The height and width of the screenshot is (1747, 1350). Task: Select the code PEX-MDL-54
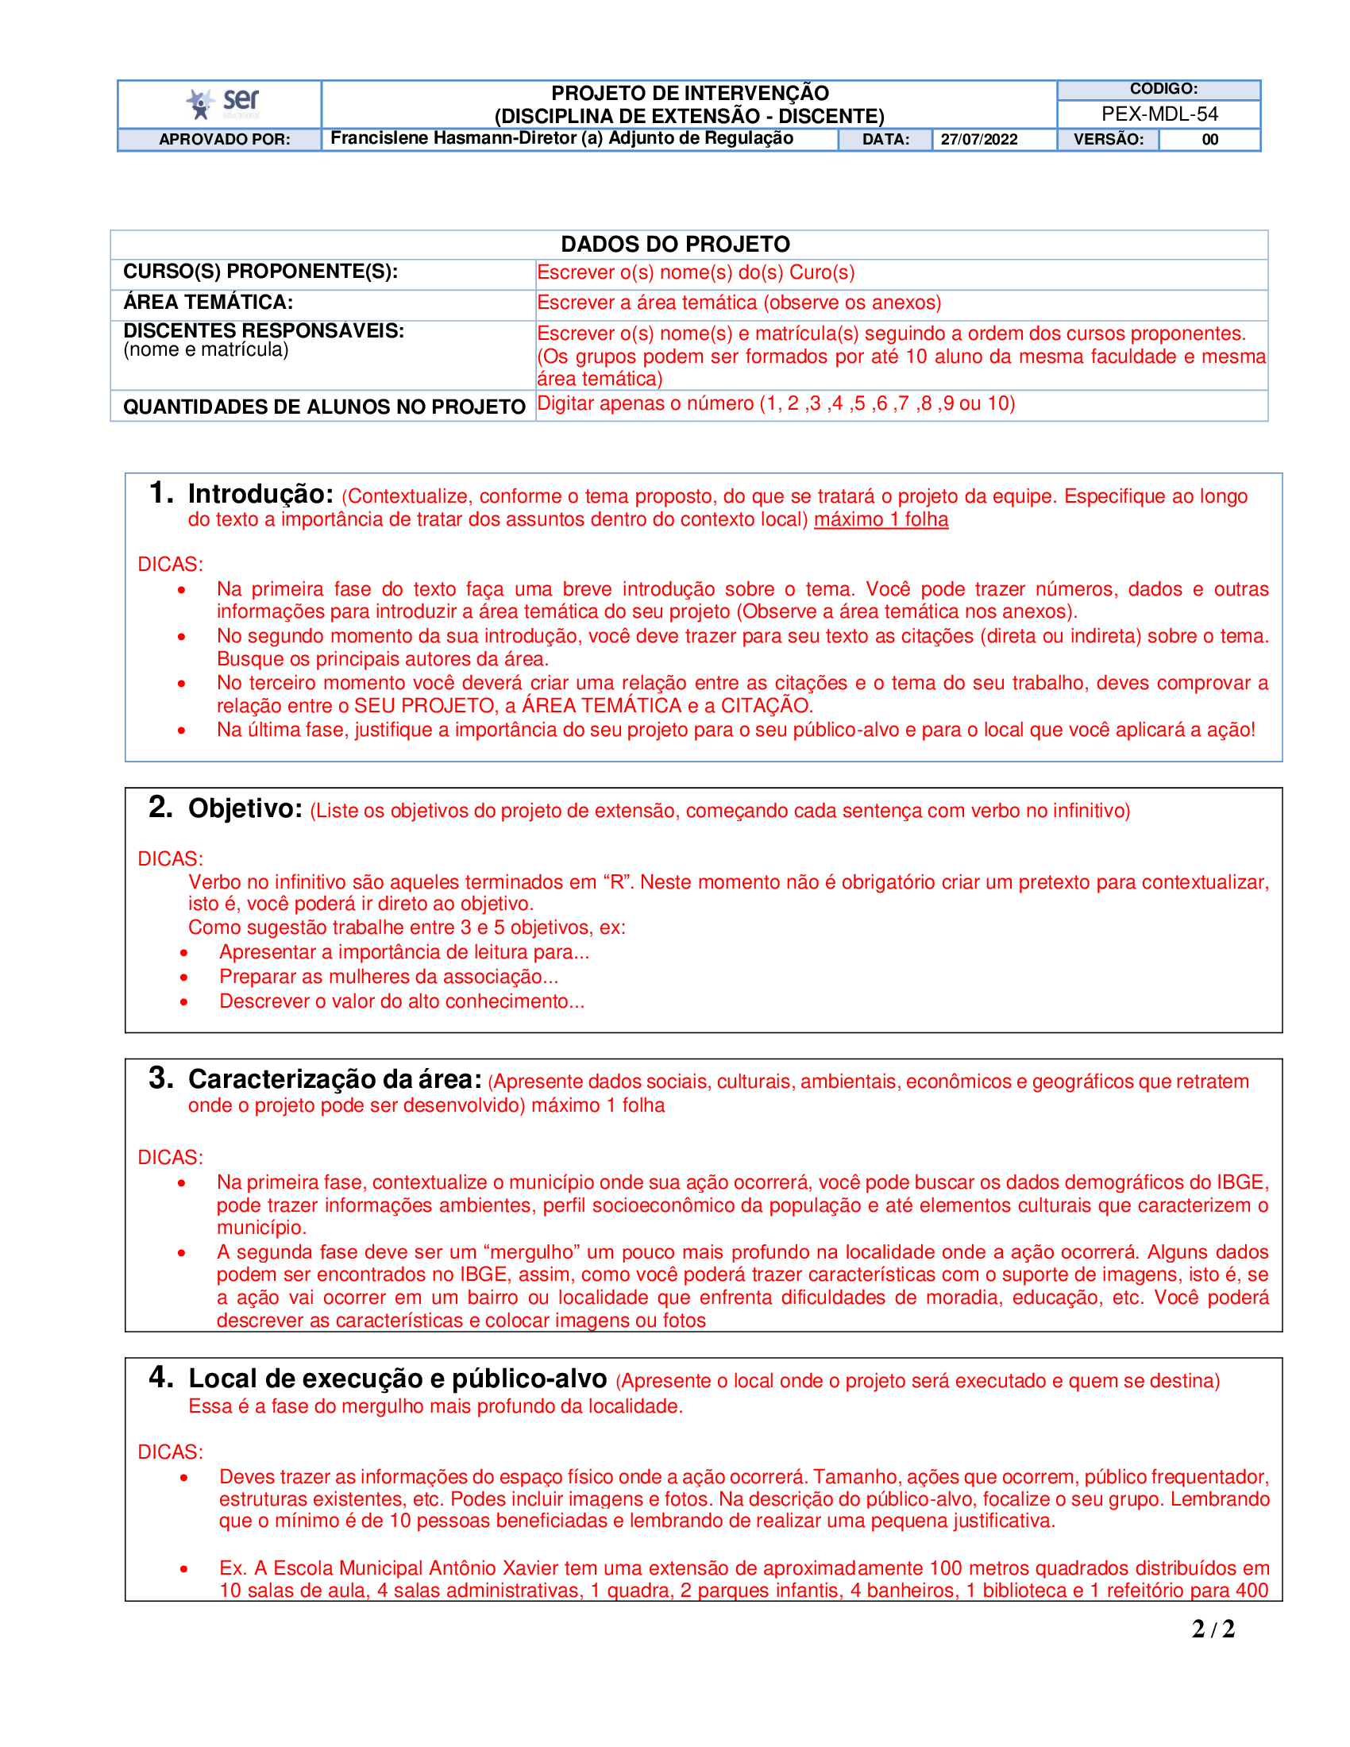[x=1159, y=114]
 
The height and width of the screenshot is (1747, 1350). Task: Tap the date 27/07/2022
[x=978, y=139]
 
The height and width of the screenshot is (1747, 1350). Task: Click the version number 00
[x=1209, y=139]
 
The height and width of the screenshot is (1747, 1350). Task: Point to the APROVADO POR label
[x=224, y=139]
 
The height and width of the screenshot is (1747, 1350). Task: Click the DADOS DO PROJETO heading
[x=675, y=244]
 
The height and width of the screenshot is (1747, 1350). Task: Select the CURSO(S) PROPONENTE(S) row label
[x=260, y=272]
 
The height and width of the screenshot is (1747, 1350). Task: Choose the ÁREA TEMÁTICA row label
[x=208, y=303]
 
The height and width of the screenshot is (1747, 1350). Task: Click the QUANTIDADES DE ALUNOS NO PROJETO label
[x=324, y=407]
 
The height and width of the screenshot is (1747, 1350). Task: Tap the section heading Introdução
[x=260, y=495]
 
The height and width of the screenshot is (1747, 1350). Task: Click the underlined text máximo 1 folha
[x=881, y=520]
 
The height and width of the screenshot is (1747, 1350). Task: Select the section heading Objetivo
[x=245, y=808]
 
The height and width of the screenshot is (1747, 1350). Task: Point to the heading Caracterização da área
[x=334, y=1080]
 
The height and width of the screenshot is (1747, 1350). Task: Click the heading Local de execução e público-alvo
[x=398, y=1379]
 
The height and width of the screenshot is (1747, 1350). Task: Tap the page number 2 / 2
[x=1213, y=1629]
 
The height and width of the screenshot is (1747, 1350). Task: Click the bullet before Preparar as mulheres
[x=184, y=978]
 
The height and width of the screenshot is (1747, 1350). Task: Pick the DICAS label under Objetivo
[x=171, y=858]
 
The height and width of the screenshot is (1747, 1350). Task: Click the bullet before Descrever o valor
[x=184, y=1002]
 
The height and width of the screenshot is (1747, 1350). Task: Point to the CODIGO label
[x=1163, y=89]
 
